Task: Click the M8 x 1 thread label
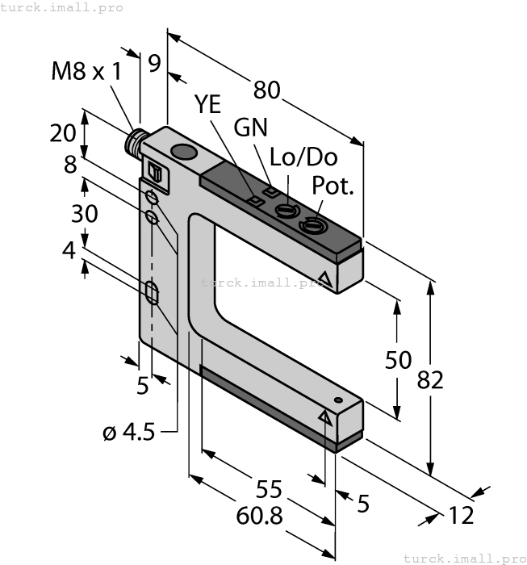pyautogui.click(x=86, y=71)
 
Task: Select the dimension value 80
pyautogui.click(x=267, y=91)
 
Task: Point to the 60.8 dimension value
pyautogui.click(x=260, y=516)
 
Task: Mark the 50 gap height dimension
pyautogui.click(x=399, y=359)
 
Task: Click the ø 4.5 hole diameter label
pyautogui.click(x=129, y=433)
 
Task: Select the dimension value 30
pyautogui.click(x=84, y=214)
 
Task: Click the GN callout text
pyautogui.click(x=250, y=128)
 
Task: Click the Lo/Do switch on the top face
pyautogui.click(x=286, y=211)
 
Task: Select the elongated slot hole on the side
pyautogui.click(x=152, y=293)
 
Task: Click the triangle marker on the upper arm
pyautogui.click(x=324, y=280)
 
